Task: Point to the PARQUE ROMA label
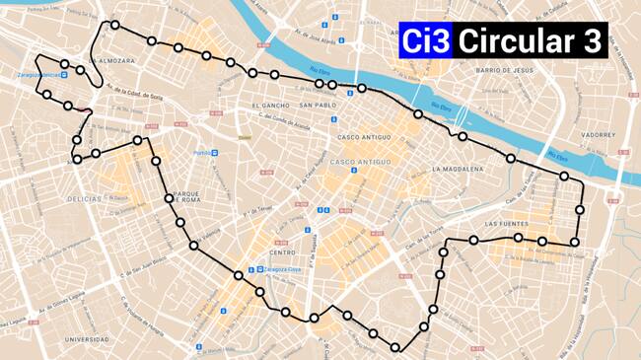186,196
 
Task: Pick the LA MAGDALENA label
458,170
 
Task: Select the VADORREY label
598,133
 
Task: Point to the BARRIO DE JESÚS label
505,71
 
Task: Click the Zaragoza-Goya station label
280,269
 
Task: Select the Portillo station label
203,153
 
